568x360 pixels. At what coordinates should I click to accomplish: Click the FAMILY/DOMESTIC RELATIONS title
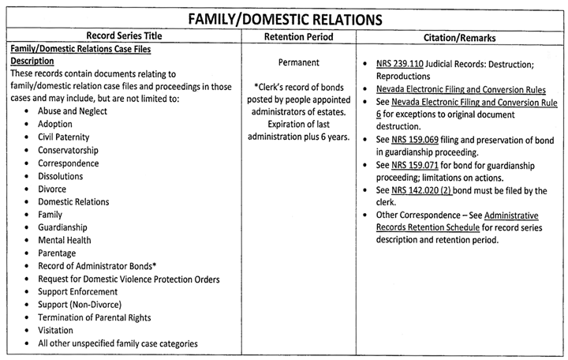pos(284,17)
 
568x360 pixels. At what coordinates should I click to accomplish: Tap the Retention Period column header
pos(298,37)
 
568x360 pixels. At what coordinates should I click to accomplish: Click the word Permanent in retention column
pos(298,62)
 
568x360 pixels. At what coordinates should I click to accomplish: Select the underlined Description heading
pos(32,61)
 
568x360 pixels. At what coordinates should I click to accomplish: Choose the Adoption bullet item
pos(54,124)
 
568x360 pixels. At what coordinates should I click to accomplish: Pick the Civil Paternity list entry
pos(65,137)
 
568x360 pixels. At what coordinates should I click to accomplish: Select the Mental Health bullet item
pos(64,240)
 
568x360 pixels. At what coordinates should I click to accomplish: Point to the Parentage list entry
pos(58,253)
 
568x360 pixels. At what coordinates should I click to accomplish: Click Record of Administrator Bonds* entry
pos(94,266)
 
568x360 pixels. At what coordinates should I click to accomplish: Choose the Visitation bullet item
pos(55,330)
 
